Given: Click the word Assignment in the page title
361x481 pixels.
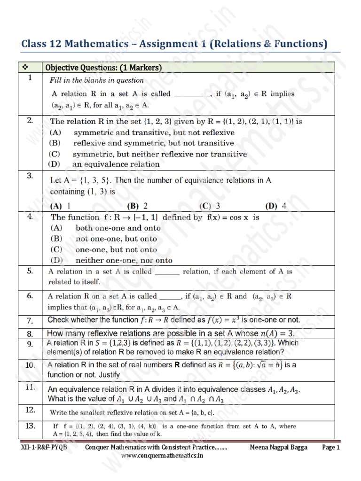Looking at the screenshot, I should (155, 44).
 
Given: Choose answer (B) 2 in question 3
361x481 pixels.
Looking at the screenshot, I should (137, 206).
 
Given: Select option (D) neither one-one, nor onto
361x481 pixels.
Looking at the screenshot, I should (111, 260).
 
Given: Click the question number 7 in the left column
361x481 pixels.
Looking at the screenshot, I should (29, 321).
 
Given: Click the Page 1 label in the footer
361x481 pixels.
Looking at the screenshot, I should (330, 448).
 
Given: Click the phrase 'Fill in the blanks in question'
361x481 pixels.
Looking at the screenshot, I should (97, 80).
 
